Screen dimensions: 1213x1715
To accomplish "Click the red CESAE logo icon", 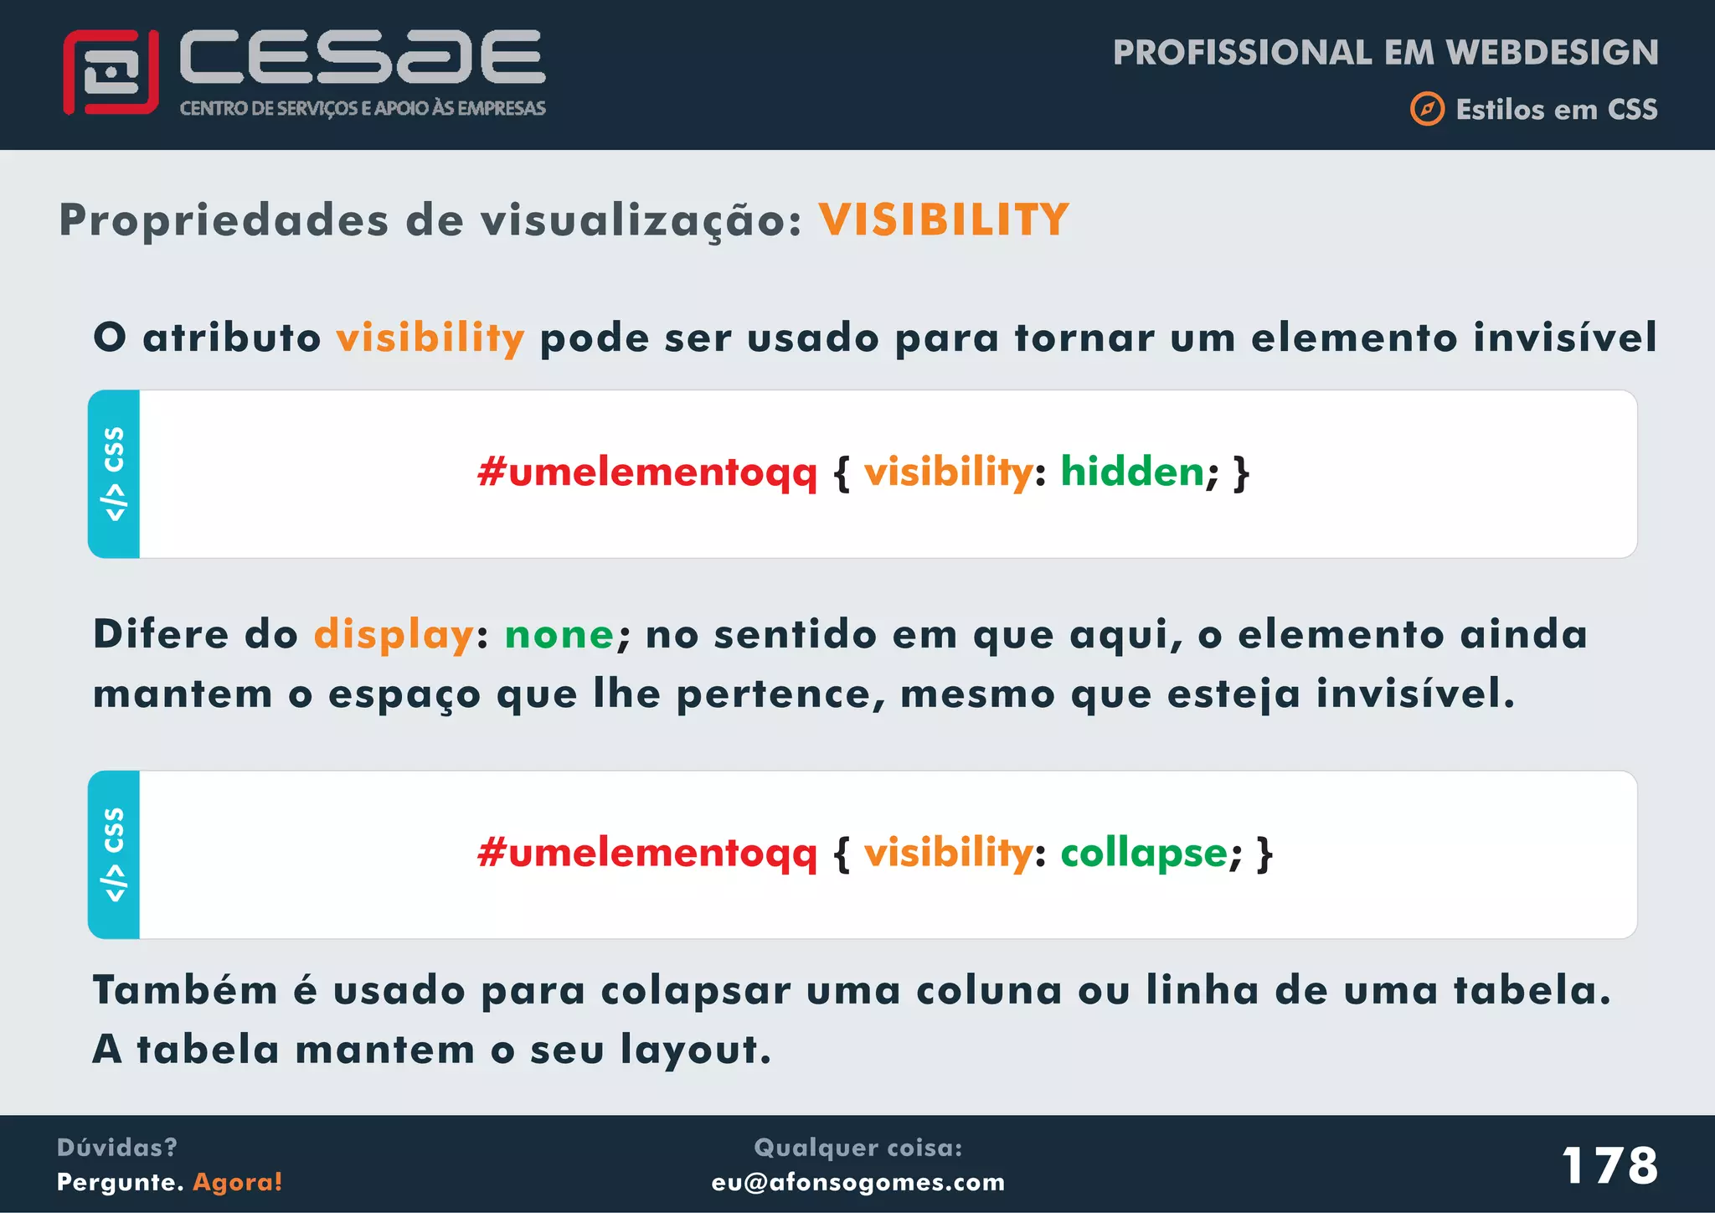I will click(111, 72).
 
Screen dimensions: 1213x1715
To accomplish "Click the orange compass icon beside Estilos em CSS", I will click(1427, 109).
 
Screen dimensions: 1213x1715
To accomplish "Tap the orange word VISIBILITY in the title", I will click(944, 220).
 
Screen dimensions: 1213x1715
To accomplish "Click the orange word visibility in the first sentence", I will click(430, 338).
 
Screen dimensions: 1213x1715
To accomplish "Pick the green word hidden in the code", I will click(1132, 472).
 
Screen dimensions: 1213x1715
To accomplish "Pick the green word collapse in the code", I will click(1144, 854).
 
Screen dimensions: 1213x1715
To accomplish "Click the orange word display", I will click(394, 635).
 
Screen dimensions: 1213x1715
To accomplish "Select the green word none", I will click(559, 635).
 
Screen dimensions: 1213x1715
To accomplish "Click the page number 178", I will click(1609, 1165).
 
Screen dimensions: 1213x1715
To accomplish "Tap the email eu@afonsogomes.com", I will click(858, 1182).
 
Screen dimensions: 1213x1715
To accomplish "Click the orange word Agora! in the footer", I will click(238, 1182).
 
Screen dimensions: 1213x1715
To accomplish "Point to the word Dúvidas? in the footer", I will click(117, 1147).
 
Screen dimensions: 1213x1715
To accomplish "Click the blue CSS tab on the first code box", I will click(114, 474).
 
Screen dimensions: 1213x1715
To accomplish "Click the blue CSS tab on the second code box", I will click(114, 854).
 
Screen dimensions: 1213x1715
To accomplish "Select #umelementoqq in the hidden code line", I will click(646, 472).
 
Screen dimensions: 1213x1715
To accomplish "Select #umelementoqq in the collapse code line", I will click(646, 854).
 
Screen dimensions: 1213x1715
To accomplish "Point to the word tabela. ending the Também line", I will click(1532, 990).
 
